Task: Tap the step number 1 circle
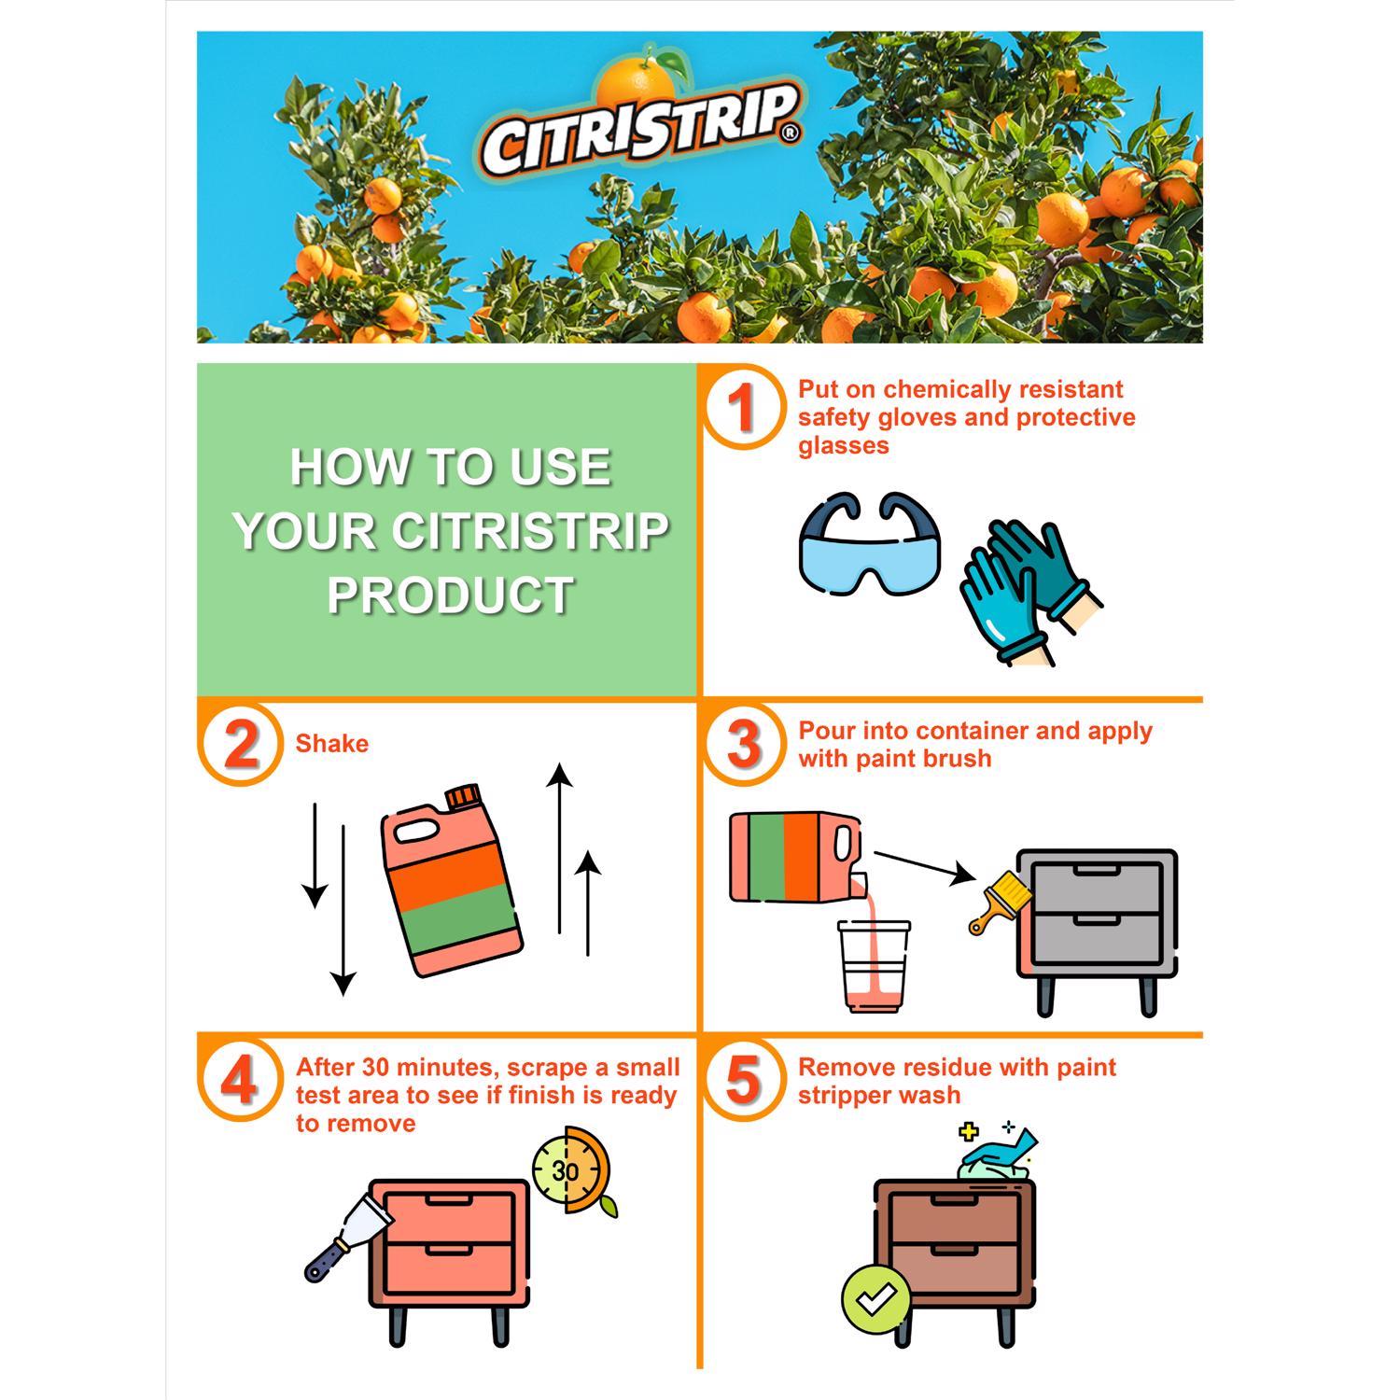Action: (x=741, y=408)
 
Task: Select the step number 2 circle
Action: (x=240, y=744)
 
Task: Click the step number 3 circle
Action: (x=743, y=744)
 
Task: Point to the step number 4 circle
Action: (x=240, y=1081)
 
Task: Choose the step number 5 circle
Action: (x=743, y=1081)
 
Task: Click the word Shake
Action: (x=331, y=744)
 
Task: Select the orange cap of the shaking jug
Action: (x=461, y=797)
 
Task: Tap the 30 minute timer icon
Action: (x=569, y=1170)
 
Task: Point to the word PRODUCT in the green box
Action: (x=450, y=595)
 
